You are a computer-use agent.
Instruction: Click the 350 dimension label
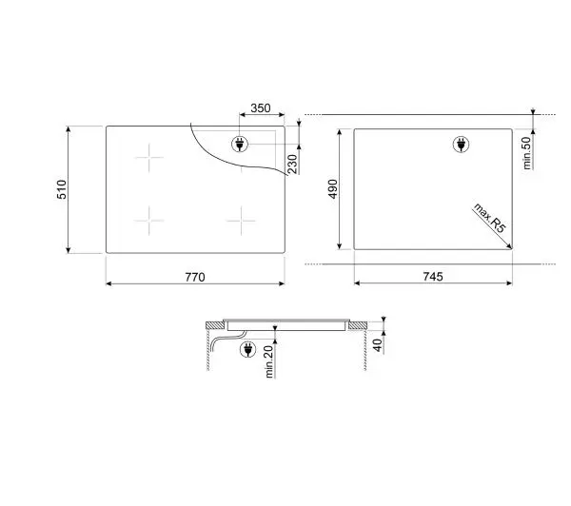pos(261,108)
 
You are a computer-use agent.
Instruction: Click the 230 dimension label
pos(292,165)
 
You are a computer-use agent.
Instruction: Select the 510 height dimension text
pos(62,189)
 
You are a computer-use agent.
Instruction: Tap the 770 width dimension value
pos(195,277)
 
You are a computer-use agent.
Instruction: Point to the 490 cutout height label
pos(333,189)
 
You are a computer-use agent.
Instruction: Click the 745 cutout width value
pos(433,277)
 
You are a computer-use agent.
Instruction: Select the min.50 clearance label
pos(527,153)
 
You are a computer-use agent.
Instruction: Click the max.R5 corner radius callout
pos(490,218)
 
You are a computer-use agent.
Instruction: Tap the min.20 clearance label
pos(269,361)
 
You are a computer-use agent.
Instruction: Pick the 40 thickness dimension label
pos(378,345)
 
